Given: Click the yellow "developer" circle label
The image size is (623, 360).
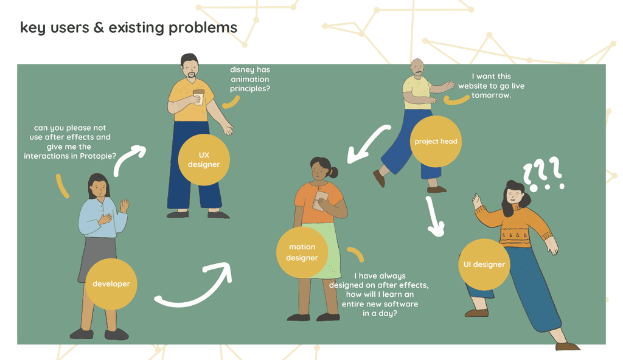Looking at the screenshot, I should tap(111, 284).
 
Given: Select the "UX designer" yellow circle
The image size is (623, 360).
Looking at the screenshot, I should tap(204, 160).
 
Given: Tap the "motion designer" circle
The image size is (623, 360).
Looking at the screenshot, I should tap(302, 252).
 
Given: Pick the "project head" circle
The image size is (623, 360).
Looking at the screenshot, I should tap(435, 141).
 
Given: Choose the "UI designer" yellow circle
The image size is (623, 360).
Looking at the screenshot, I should tap(484, 265).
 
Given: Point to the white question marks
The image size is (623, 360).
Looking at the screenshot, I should tap(543, 175).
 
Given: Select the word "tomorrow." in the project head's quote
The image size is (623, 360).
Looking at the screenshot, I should tap(491, 95).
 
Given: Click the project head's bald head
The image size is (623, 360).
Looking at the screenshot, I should tap(417, 65).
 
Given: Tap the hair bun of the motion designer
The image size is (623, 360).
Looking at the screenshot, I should tap(334, 172).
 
